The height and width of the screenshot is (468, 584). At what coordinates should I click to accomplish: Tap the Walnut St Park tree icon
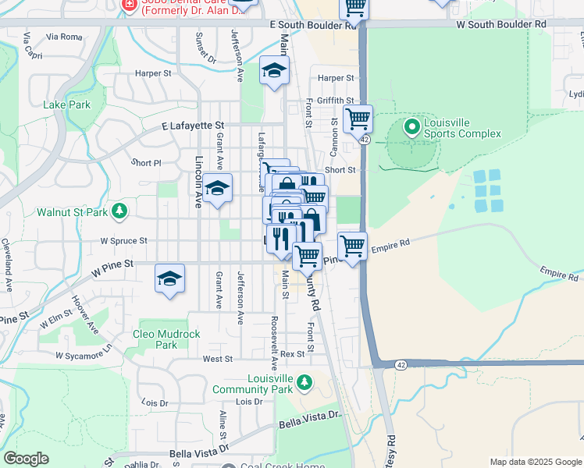119,211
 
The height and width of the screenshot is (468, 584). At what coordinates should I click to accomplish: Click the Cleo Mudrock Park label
166,339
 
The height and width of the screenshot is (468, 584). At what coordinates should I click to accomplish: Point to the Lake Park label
67,105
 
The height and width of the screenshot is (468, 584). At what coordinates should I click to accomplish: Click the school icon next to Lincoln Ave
219,189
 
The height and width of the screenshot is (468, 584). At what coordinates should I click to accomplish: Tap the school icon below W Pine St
169,279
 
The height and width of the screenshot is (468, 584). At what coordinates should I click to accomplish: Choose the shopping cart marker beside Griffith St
358,119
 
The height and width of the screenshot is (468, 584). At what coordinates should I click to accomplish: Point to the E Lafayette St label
193,125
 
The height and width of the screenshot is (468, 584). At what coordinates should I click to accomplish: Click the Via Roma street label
64,37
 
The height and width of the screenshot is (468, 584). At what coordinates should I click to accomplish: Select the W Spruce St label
123,241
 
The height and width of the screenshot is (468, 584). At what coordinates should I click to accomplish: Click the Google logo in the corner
27,459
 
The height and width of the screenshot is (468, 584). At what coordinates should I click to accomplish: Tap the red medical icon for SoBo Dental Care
130,5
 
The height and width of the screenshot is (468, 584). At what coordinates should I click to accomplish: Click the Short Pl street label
146,163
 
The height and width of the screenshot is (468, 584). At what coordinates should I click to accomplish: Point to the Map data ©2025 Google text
535,462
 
